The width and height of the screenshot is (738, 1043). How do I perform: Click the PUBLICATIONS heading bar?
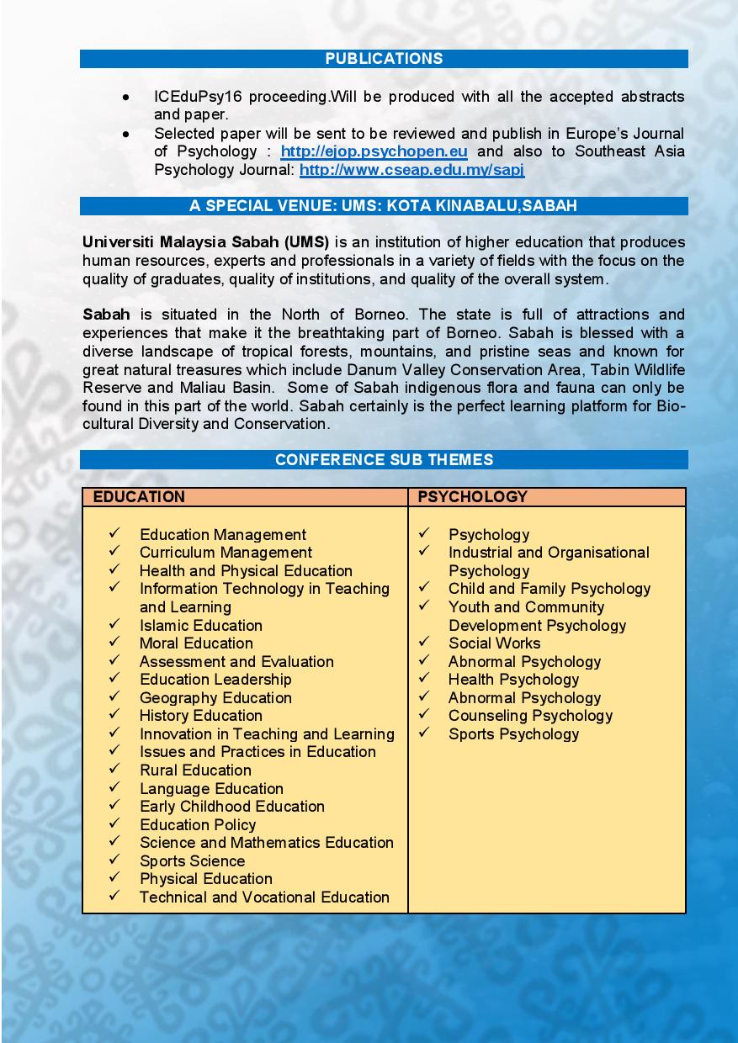click(x=384, y=59)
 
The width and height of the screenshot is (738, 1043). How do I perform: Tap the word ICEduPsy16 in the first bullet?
click(x=189, y=97)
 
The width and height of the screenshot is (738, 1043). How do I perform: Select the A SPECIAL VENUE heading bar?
click(x=384, y=206)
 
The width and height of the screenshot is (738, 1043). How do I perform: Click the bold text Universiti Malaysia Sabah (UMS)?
click(x=205, y=242)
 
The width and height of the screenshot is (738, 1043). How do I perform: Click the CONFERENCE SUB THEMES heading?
click(x=384, y=460)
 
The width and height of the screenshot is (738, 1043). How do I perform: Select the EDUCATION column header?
click(x=139, y=497)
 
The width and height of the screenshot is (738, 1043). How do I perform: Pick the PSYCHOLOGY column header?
click(x=472, y=497)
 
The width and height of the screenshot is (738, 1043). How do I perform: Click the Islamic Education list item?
click(x=201, y=625)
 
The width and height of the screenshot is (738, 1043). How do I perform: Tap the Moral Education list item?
click(x=196, y=643)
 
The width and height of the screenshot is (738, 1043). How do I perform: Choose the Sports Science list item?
click(x=192, y=860)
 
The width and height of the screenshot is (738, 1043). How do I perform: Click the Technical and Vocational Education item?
click(x=264, y=897)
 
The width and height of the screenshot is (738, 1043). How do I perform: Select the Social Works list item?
click(x=494, y=643)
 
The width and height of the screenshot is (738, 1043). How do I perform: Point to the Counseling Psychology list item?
click(x=530, y=716)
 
